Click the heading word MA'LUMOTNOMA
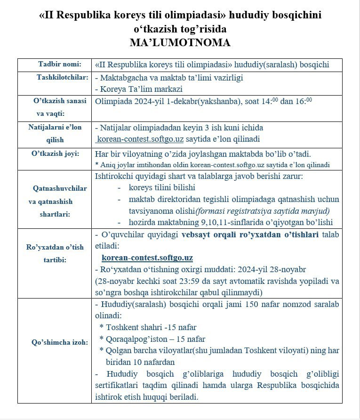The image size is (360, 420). [180, 43]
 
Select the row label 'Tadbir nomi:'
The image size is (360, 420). [59, 64]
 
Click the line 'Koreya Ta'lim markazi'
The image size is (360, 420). [139, 89]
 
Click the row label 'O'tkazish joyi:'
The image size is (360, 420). [56, 153]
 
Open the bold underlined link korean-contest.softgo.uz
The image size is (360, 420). [147, 258]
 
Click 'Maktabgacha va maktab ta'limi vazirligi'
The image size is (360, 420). [171, 77]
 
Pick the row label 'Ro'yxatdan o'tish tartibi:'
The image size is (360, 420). [55, 253]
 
